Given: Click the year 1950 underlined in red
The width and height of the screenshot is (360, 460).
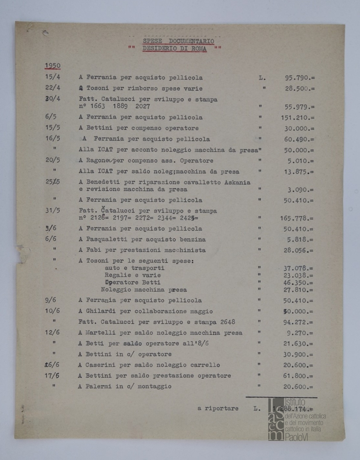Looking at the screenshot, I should [x=53, y=65].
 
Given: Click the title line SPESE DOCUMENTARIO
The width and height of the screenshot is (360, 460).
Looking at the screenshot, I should [x=178, y=41].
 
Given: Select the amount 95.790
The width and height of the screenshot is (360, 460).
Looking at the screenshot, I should [x=299, y=78].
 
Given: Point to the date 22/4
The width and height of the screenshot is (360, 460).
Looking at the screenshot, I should [x=52, y=88].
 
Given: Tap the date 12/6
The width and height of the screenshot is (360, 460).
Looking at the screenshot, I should [x=52, y=333].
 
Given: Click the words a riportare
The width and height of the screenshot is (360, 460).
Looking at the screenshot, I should [x=218, y=408].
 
